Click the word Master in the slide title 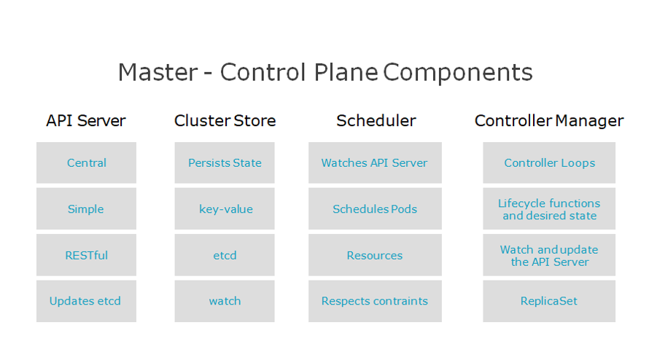[158, 72]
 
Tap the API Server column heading [86, 121]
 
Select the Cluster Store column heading [225, 121]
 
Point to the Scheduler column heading [376, 121]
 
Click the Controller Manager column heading [549, 121]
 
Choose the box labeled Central [86, 163]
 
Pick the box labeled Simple [86, 208]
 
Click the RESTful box [86, 255]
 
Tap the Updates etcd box [86, 301]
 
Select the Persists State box [225, 163]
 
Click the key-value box [225, 208]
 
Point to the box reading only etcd [225, 255]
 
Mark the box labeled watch [225, 301]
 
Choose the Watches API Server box [375, 163]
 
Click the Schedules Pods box [375, 208]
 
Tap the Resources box [375, 255]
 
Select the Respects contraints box [375, 301]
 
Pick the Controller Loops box [549, 163]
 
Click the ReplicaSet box [549, 301]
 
